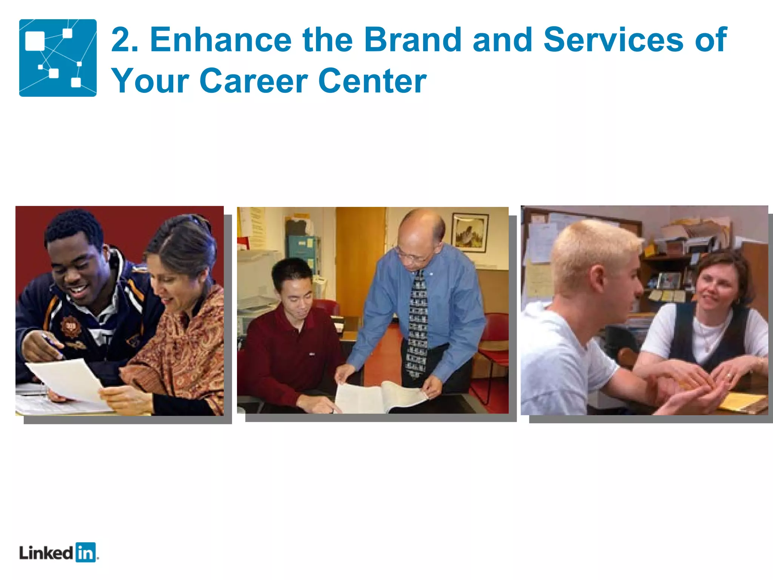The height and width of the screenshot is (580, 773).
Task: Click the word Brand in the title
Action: pos(413,40)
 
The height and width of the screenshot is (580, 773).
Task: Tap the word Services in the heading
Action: pos(613,40)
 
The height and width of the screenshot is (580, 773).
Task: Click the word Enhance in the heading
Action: pos(221,40)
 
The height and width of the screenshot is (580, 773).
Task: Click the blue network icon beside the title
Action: pos(58,58)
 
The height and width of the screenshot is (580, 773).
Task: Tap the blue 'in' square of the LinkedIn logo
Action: pos(86,552)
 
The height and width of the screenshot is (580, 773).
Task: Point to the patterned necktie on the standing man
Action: pos(417,325)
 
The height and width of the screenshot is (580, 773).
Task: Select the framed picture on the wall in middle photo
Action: pos(470,232)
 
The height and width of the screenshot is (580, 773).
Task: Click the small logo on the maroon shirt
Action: pos(312,354)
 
